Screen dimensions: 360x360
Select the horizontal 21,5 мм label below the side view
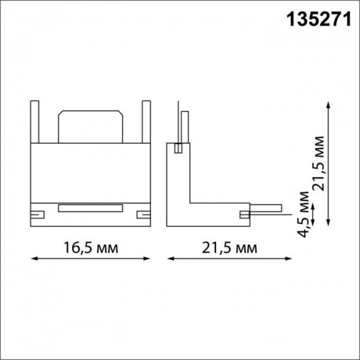click(229, 247)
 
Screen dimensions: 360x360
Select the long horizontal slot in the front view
click(90, 209)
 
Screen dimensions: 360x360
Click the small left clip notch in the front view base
click(37, 214)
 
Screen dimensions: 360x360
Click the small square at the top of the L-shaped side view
click(178, 148)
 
